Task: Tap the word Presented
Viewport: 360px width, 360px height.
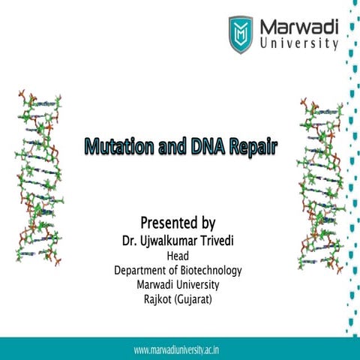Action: click(166, 223)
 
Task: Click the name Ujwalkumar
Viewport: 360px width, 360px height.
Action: click(169, 241)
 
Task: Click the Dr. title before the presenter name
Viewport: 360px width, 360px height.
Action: click(128, 241)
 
